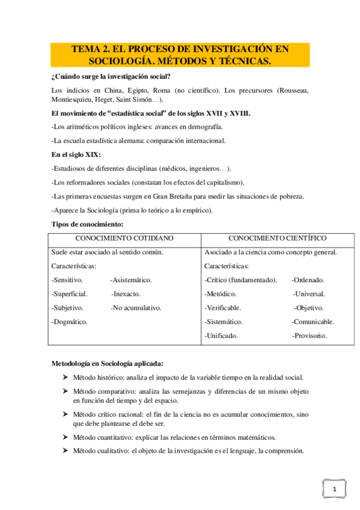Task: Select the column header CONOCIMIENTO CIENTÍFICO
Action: (x=278, y=238)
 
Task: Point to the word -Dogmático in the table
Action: (x=70, y=322)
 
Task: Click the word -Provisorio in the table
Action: (x=310, y=336)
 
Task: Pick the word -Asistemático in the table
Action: (x=131, y=280)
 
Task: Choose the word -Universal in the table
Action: (x=309, y=294)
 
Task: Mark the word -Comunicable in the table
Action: (x=313, y=322)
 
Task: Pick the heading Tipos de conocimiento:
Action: (x=87, y=224)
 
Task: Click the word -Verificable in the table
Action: (x=223, y=308)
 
